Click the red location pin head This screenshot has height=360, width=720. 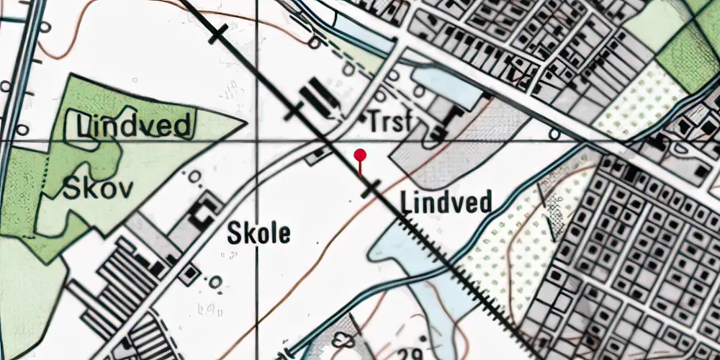click(361, 154)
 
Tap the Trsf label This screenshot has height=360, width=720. click(389, 122)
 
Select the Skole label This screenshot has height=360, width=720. click(259, 233)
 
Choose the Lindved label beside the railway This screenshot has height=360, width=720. click(446, 202)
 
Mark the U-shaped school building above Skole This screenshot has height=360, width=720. click(202, 212)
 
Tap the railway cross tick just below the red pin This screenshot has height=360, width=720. click(371, 189)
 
